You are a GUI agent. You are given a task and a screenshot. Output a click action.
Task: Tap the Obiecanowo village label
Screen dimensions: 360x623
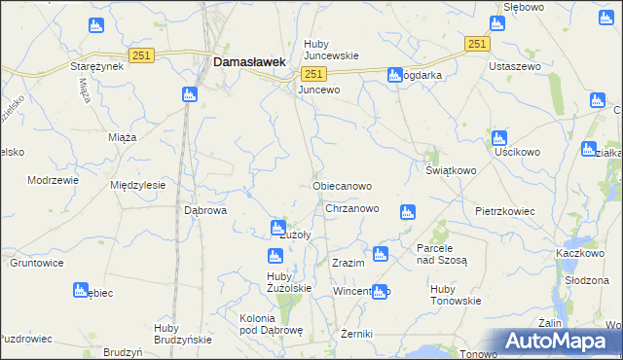[341, 185]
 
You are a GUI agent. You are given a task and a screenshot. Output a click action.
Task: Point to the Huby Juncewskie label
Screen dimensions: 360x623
[332, 50]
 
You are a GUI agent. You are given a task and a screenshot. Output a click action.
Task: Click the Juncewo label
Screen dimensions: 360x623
[319, 90]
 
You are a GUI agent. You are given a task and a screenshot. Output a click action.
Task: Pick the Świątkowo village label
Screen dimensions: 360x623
[450, 170]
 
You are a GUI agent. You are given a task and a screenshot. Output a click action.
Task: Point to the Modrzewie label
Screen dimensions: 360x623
[52, 181]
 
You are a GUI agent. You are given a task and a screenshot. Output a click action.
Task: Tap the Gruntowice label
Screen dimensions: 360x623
[36, 263]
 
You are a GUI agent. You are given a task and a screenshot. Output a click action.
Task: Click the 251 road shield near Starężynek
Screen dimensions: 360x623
[141, 56]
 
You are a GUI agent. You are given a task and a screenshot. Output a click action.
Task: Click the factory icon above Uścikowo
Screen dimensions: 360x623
[498, 137]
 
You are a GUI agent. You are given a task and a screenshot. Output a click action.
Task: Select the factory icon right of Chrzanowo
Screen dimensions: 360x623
[408, 211]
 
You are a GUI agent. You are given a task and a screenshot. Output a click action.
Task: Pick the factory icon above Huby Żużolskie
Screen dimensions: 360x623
[275, 256]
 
